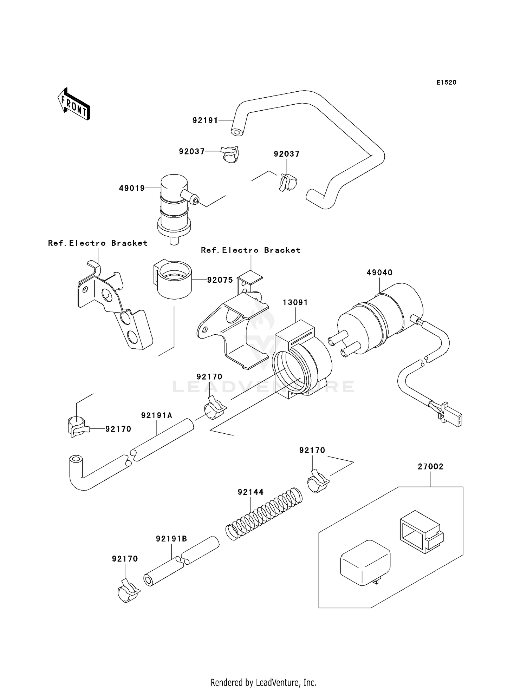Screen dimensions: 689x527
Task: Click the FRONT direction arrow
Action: point(74,104)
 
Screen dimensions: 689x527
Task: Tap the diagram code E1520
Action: point(446,83)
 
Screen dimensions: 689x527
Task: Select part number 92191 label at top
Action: point(205,120)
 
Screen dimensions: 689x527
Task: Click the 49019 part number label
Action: point(132,188)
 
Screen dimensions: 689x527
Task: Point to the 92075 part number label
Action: point(220,280)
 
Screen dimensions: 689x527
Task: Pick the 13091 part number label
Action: point(295,302)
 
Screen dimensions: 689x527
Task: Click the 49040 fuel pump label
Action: point(379,273)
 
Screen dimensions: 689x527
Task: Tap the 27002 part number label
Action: point(430,466)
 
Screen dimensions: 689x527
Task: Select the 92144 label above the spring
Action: point(251,492)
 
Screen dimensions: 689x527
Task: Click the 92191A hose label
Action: point(157,415)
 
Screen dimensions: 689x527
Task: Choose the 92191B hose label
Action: point(171,539)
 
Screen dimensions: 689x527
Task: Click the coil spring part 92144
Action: point(263,513)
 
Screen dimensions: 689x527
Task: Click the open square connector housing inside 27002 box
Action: point(421,531)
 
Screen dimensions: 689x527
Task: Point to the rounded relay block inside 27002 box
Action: point(365,562)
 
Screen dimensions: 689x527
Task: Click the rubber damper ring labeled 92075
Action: point(174,280)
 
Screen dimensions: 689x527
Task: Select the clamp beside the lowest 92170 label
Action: point(128,591)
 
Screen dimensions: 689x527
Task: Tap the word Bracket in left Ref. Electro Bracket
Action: point(129,243)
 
